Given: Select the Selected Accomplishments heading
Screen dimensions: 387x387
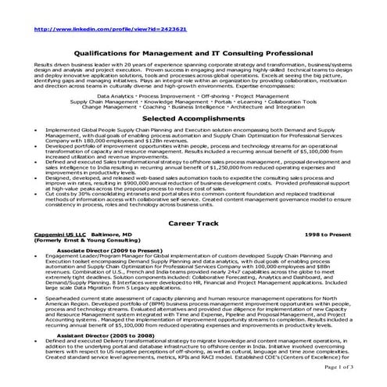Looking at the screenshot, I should (x=192, y=116).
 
